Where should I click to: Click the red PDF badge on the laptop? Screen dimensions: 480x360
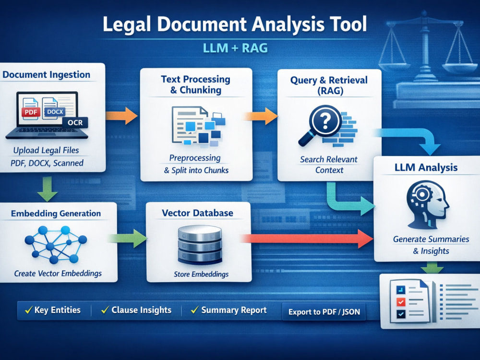(x=31, y=112)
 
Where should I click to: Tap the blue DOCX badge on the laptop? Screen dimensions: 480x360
(x=55, y=112)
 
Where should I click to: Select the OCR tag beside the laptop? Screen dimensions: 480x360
(x=75, y=122)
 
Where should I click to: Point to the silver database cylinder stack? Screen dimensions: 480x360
(x=200, y=245)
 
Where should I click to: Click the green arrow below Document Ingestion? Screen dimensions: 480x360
(x=47, y=189)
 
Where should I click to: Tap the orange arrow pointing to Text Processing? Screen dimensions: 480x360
(x=121, y=116)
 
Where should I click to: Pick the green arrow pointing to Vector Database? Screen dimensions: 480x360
(x=128, y=238)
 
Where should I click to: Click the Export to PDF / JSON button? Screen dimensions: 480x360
(x=324, y=312)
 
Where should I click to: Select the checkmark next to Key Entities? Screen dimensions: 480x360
(x=28, y=310)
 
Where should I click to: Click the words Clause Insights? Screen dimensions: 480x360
(x=142, y=310)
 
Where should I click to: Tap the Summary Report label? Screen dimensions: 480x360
(x=234, y=310)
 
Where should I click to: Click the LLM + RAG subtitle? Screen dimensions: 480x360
(x=235, y=48)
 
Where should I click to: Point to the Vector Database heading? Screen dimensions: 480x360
(x=197, y=213)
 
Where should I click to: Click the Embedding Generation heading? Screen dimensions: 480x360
(x=56, y=214)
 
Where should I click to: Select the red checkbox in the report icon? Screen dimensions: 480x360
(x=401, y=302)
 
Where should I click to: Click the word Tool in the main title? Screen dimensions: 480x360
(x=348, y=24)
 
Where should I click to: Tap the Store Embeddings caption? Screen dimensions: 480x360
(x=201, y=274)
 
